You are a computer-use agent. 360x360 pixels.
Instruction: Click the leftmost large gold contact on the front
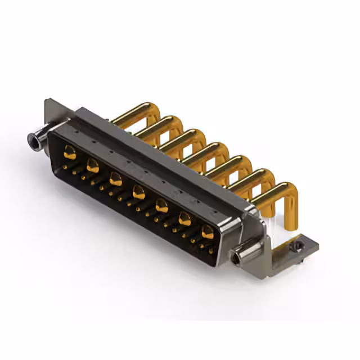(70, 151)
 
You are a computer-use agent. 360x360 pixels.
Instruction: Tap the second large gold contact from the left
(93, 165)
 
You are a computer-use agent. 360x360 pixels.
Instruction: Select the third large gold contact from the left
(116, 179)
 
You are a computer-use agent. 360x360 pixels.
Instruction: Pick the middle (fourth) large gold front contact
(139, 193)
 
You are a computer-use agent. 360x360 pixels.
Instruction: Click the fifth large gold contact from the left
(161, 206)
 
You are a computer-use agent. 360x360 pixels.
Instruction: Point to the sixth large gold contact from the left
(184, 219)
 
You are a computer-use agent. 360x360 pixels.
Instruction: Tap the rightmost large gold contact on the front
(208, 231)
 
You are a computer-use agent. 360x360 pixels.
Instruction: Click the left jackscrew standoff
(35, 138)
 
